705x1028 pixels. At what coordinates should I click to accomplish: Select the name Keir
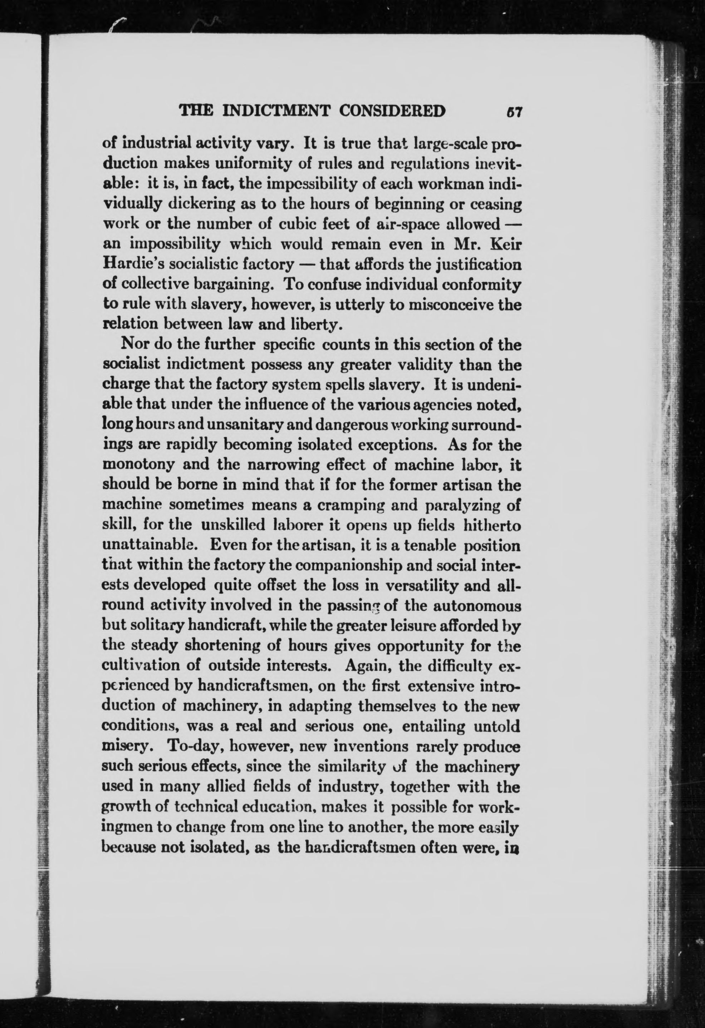tap(505, 244)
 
